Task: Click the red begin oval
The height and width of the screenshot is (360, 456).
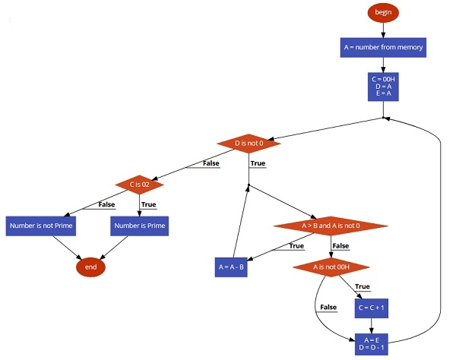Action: tap(382, 12)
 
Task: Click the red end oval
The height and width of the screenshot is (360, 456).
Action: tap(90, 267)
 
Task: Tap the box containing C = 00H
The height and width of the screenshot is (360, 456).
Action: tap(384, 86)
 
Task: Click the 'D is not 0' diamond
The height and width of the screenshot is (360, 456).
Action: tap(249, 143)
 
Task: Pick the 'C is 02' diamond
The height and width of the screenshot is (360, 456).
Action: tap(139, 184)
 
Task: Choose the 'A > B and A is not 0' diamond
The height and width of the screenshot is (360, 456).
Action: tap(330, 226)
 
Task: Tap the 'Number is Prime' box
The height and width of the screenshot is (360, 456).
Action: tap(139, 226)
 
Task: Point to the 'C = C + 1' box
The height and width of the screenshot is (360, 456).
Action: tap(372, 308)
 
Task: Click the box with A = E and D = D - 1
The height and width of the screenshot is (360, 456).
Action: tap(372, 344)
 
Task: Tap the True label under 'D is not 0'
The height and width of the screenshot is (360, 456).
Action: tap(258, 163)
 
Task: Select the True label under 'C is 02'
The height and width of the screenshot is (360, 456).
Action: tap(148, 204)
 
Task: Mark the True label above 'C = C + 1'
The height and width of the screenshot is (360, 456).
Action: tap(363, 286)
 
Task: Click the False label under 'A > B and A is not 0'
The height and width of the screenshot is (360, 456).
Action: tap(340, 245)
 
